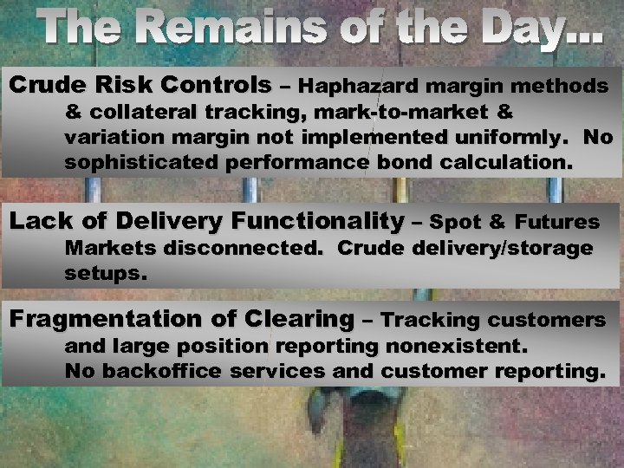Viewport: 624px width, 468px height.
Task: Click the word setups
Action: pos(107,273)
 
